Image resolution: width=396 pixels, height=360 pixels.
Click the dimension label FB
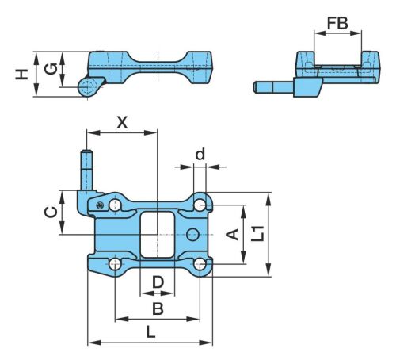(337, 23)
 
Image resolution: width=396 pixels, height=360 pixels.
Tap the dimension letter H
(21, 74)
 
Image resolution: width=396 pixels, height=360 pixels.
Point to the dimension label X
(122, 123)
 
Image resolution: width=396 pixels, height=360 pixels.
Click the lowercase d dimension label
(200, 154)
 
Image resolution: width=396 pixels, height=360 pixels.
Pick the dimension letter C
(51, 212)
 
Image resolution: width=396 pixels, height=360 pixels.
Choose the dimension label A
(233, 235)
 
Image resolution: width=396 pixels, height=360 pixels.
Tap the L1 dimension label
(257, 233)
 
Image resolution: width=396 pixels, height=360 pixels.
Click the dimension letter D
(158, 282)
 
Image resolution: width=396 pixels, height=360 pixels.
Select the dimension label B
(158, 308)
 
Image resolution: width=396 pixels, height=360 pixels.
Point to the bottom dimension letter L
(150, 332)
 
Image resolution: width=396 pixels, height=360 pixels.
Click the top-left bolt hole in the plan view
(115, 205)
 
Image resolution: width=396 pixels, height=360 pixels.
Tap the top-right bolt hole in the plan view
(200, 205)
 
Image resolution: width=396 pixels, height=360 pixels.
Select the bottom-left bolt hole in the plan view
(115, 264)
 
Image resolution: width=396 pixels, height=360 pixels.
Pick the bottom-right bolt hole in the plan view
(200, 264)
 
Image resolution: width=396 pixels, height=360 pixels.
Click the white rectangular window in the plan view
(158, 235)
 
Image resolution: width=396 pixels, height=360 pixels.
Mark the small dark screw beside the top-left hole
(100, 205)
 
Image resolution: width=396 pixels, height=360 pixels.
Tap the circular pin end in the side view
(86, 87)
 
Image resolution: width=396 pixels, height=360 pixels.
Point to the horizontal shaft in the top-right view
(273, 87)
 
